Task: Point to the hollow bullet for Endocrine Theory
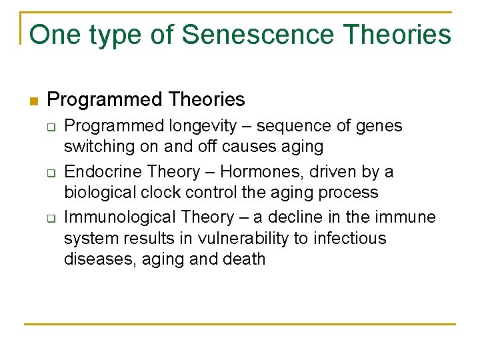51,173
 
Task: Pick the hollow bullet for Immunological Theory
51,219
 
